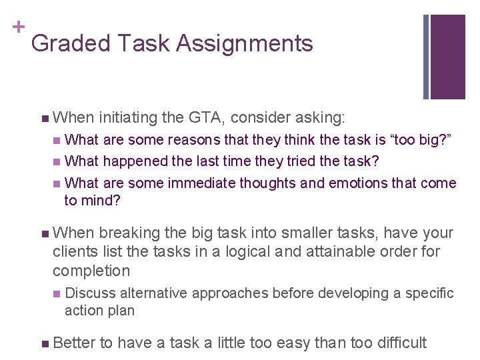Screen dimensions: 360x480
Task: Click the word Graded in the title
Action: (70, 43)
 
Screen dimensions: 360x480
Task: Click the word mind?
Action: (101, 201)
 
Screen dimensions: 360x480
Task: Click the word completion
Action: (91, 271)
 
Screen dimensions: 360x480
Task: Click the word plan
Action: (120, 311)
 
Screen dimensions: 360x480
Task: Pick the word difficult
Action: (393, 343)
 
